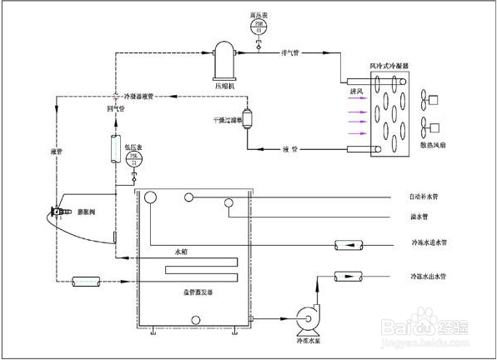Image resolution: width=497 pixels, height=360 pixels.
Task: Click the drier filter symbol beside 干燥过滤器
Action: coord(247,120)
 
